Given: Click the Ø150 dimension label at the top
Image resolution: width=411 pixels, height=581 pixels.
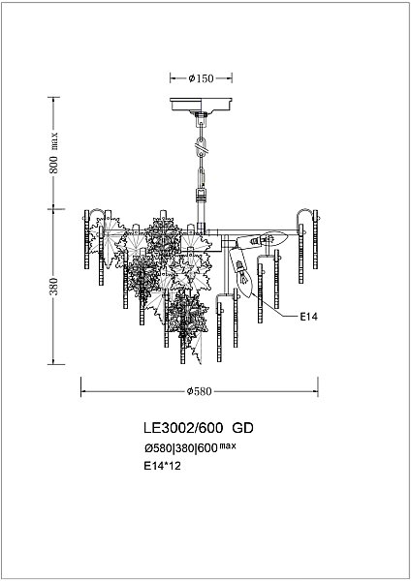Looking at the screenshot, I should click(201, 77).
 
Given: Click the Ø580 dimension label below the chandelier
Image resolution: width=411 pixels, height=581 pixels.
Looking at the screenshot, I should click(200, 391).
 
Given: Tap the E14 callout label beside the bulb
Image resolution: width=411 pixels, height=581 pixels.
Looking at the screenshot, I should click(309, 316).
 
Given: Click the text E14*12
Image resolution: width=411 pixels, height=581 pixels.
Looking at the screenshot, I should click(162, 466).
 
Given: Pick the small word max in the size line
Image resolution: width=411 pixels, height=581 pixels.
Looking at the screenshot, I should click(227, 445).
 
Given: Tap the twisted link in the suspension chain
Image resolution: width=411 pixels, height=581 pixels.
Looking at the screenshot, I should click(201, 146).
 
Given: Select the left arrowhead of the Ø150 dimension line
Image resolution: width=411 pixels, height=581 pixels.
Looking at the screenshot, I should click(173, 77).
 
